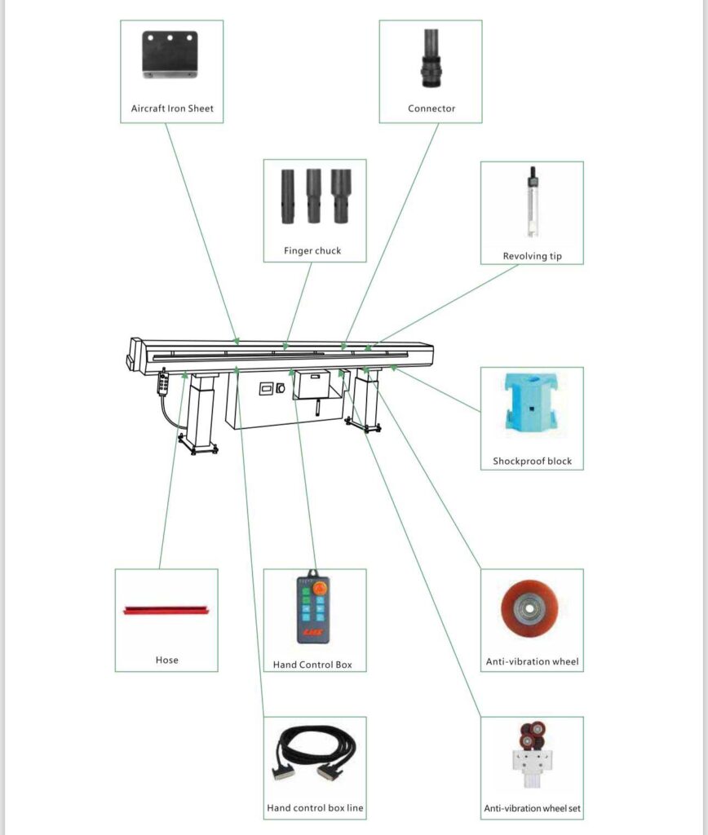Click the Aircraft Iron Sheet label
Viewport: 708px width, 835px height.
click(172, 108)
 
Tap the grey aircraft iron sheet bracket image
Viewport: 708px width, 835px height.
click(171, 54)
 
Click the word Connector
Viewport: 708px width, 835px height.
click(431, 108)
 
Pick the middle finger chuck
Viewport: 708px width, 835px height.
click(314, 196)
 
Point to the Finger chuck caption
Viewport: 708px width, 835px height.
click(312, 251)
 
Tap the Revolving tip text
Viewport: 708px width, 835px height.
click(532, 256)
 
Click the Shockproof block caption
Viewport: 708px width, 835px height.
click(532, 462)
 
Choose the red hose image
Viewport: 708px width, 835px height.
click(166, 610)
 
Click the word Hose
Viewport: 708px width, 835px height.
click(166, 660)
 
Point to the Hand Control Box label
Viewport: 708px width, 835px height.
click(312, 665)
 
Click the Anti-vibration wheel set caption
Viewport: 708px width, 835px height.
click(532, 809)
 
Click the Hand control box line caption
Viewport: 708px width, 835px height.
click(315, 809)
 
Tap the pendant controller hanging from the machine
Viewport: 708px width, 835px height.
click(163, 382)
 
